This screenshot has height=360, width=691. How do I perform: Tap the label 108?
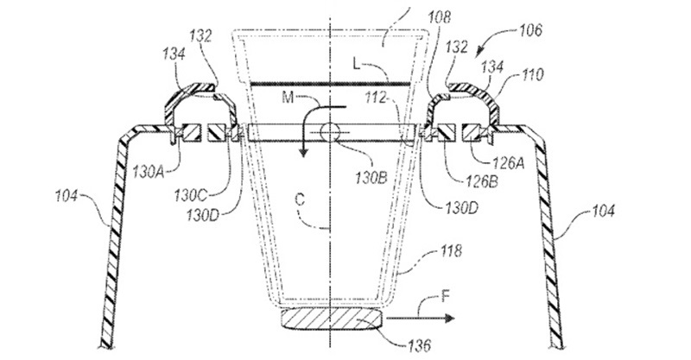(439, 17)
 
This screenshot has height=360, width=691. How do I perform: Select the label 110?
(531, 75)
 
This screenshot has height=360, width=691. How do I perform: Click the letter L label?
(357, 65)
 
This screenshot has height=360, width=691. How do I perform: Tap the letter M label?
(288, 98)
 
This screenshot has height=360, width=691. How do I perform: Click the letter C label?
(300, 200)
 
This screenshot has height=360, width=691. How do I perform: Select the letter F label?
(446, 296)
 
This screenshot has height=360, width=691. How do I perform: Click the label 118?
(450, 250)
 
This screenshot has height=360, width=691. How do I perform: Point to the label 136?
(418, 345)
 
